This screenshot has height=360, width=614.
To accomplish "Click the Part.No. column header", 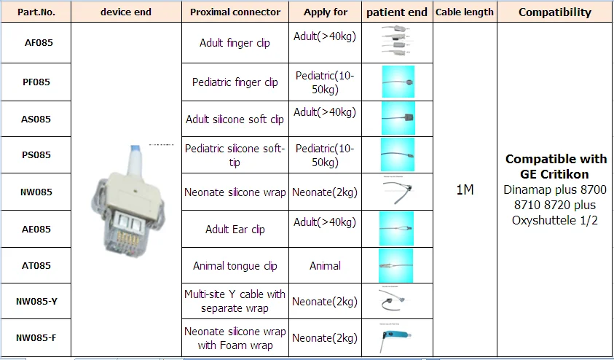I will tap(36, 12).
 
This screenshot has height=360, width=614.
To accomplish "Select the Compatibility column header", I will tap(555, 12).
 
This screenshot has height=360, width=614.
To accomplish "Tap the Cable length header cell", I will tap(464, 12).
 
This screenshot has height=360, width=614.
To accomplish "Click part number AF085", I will tap(38, 43).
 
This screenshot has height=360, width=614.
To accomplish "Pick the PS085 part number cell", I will tap(37, 155).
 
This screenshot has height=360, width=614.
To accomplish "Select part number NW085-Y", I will tap(37, 301).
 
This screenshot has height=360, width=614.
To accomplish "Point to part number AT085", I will tap(37, 266).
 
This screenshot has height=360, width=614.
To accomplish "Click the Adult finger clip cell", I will tap(235, 43).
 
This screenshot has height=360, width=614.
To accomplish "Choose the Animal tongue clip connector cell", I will tap(235, 266).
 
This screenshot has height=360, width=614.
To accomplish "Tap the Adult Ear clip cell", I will tap(235, 230).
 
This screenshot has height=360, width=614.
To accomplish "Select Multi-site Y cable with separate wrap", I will tap(235, 301).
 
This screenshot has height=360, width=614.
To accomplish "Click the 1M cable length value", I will tap(464, 190).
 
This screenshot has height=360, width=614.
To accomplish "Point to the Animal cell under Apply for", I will tap(325, 266).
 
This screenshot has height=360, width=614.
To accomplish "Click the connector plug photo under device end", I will tap(127, 197).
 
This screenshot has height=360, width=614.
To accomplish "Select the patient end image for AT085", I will tap(397, 265).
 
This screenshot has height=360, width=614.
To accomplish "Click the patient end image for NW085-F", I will tap(397, 337).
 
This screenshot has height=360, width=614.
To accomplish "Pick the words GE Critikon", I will tap(556, 175).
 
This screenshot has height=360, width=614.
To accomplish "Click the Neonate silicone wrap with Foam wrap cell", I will tap(235, 338).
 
